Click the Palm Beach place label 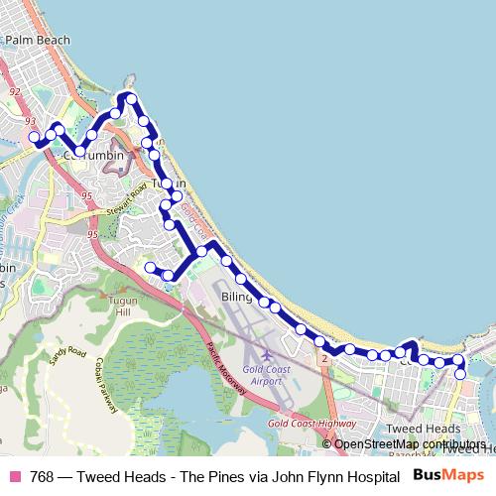coord(38,40)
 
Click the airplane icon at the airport coord(266,354)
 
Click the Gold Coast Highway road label coord(311,424)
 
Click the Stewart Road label coord(127,195)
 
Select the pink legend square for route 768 coord(14,476)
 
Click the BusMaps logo coord(448,475)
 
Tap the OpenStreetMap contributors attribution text coord(410,443)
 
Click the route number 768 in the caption coord(43,476)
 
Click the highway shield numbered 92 coord(14,90)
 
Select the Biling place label coord(237,297)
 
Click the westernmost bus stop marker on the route coord(34,137)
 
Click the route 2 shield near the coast coord(322,358)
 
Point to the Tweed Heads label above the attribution coord(417,429)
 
